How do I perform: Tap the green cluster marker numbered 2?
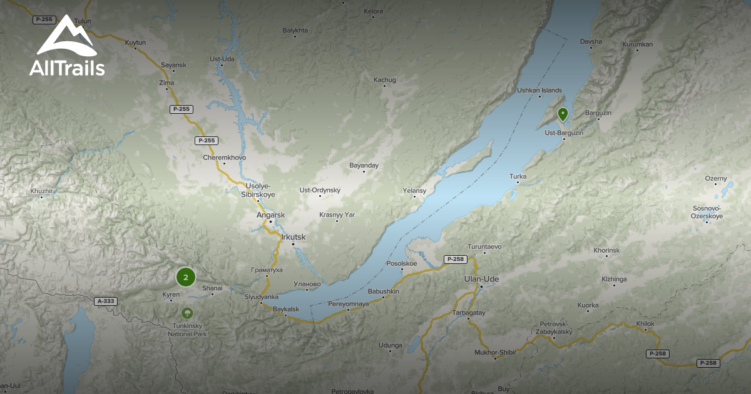[186, 277]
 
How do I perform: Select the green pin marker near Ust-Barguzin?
[563, 114]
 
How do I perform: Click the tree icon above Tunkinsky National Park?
[186, 313]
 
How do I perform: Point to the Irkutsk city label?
[294, 236]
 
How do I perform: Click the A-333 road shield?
[106, 301]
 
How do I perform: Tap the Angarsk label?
[270, 215]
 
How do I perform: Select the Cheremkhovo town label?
[225, 158]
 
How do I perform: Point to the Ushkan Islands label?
[539, 90]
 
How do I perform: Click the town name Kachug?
[385, 79]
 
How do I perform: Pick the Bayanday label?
[364, 166]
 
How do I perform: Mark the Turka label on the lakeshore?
[518, 176]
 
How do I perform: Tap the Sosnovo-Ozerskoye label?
[707, 212]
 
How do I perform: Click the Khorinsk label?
[606, 250]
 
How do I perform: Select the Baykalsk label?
[287, 309]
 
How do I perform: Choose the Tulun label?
[83, 21]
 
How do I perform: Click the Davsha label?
[591, 42]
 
